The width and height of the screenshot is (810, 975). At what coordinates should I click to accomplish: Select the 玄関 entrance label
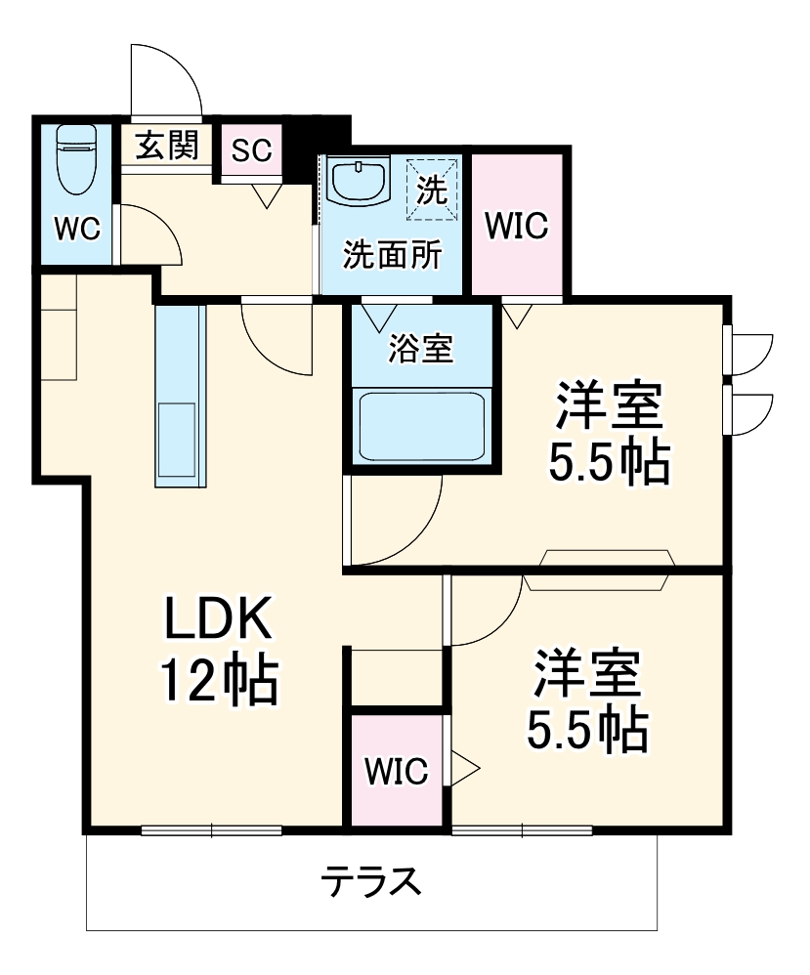[166, 147]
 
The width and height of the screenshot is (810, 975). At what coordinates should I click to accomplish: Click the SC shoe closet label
[251, 150]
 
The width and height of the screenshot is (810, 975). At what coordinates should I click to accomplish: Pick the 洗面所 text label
[392, 255]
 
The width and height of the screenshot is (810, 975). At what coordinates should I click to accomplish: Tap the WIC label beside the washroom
[517, 227]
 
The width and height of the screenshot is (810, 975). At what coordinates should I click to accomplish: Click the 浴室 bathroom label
[420, 349]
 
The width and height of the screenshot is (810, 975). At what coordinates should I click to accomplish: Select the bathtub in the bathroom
[422, 425]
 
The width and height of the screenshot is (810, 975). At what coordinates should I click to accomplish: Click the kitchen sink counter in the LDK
[181, 395]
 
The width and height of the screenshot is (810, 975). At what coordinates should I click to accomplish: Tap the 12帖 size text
[219, 682]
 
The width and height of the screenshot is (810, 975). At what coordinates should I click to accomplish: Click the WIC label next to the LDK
[397, 772]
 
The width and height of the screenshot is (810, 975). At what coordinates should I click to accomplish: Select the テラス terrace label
[372, 882]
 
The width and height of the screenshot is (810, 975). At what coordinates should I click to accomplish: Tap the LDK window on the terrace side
[212, 831]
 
